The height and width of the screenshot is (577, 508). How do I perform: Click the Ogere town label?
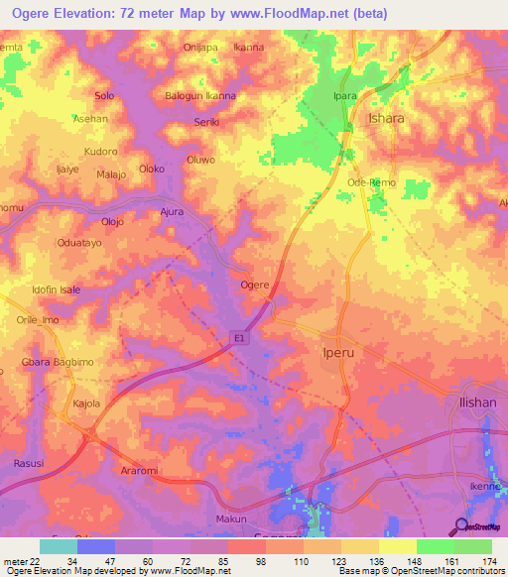point(255,285)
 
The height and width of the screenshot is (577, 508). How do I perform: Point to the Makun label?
point(230,519)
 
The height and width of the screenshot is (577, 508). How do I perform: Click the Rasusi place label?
point(29,462)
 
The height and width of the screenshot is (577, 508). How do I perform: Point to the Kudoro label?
point(100,152)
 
